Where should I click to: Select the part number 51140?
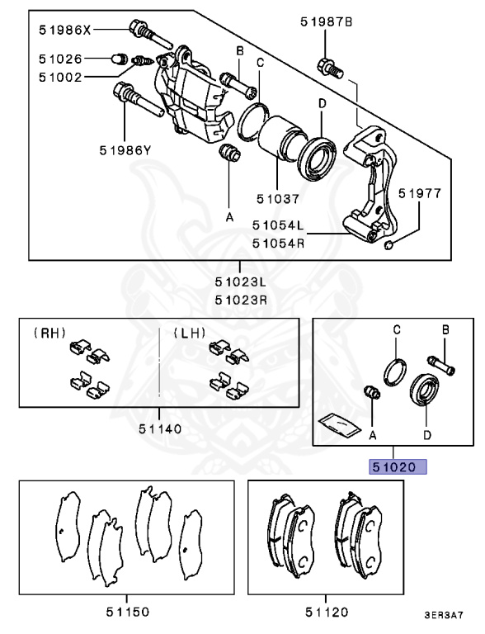coord(159,428)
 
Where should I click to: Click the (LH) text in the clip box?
coord(190,334)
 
